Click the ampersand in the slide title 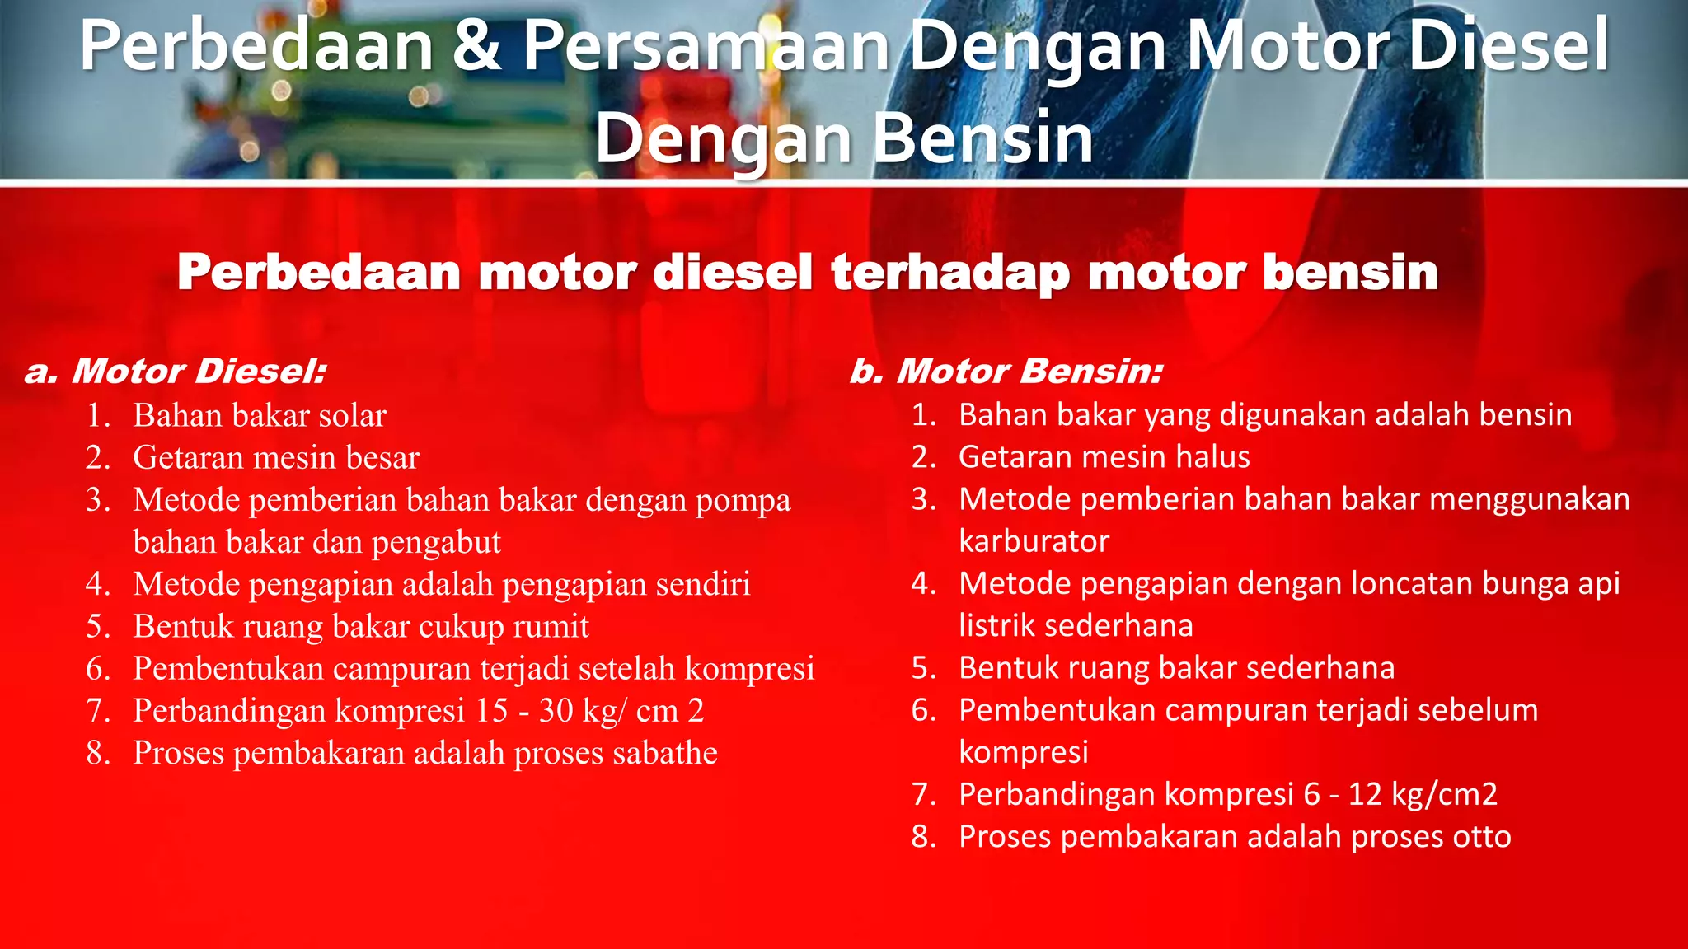[x=476, y=47]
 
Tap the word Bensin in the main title [x=982, y=138]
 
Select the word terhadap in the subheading [x=949, y=273]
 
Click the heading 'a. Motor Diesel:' [x=176, y=372]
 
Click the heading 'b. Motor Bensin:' [x=1006, y=372]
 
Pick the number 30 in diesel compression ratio [x=556, y=711]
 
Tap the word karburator [x=1034, y=542]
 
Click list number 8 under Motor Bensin [x=924, y=837]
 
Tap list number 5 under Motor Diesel [x=98, y=627]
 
